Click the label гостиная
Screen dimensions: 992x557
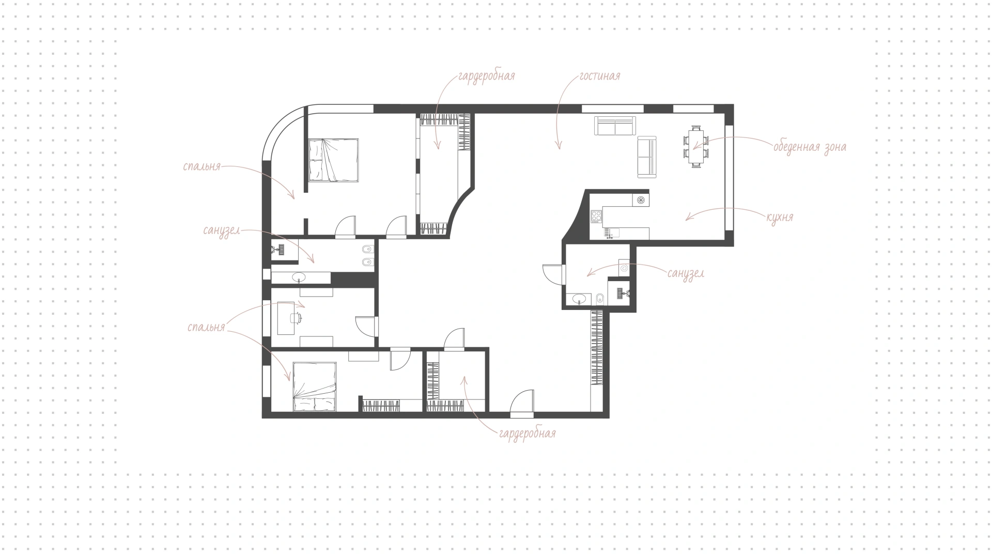click(599, 76)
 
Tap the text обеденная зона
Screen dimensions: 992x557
click(810, 147)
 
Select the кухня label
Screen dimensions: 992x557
click(780, 217)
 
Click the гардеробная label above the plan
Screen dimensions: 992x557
click(486, 76)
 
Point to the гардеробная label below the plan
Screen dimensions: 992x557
click(528, 433)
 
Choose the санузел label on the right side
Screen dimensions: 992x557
click(686, 273)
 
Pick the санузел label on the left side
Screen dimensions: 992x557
click(222, 230)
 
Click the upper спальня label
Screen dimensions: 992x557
click(202, 167)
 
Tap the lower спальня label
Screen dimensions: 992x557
click(206, 327)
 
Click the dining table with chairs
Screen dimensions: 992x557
click(696, 146)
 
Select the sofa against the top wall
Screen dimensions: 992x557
click(614, 126)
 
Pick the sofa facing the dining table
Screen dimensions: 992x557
click(647, 157)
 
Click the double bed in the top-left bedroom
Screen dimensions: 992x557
click(334, 160)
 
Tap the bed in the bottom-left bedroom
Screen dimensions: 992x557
click(315, 386)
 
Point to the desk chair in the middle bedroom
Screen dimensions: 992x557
click(296, 318)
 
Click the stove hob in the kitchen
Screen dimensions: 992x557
click(596, 216)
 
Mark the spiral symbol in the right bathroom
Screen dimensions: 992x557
click(624, 268)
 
